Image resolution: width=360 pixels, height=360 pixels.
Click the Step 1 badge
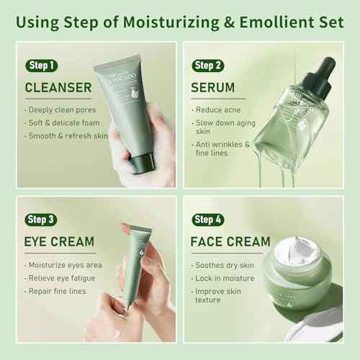(40, 66)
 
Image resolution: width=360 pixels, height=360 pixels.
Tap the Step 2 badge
(209, 66)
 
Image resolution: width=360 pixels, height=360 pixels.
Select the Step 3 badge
(41, 219)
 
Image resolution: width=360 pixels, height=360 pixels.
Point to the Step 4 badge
(209, 219)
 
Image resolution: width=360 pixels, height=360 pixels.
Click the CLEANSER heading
(58, 88)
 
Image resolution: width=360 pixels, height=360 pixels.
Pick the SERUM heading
(214, 88)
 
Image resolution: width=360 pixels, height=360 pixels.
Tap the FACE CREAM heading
(230, 241)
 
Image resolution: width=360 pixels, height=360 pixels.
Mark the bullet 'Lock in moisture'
(224, 277)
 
